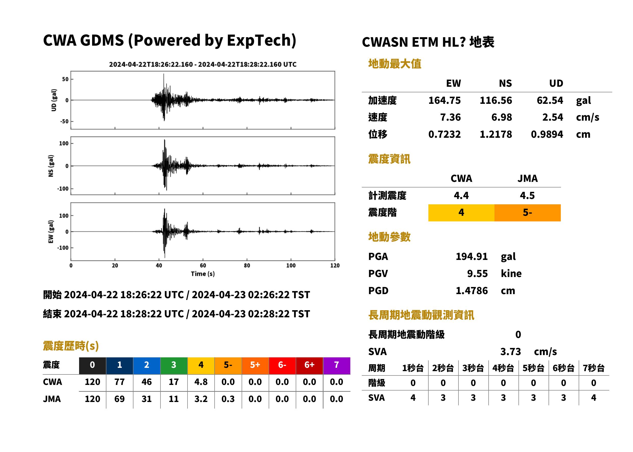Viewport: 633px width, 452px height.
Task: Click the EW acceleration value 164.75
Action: [444, 100]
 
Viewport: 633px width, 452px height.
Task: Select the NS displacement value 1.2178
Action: [495, 134]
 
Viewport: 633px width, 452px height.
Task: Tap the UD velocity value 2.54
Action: [553, 117]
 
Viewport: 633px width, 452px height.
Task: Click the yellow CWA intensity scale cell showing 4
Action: [461, 213]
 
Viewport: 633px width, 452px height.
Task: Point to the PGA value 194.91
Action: [471, 256]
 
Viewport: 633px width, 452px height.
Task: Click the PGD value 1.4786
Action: [471, 291]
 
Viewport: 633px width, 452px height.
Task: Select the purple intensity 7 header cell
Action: [337, 365]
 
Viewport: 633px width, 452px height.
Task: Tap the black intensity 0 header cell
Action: [92, 365]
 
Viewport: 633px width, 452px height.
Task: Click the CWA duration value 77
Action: [119, 382]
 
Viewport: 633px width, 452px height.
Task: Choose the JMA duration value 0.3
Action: [228, 399]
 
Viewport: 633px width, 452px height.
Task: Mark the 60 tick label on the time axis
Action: [203, 266]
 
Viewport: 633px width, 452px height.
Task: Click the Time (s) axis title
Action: [203, 274]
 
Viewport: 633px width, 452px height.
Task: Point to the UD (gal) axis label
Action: [54, 100]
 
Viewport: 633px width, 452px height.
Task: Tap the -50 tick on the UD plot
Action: [64, 121]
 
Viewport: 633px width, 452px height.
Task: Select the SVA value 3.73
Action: [511, 352]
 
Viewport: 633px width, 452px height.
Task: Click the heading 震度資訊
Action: [389, 159]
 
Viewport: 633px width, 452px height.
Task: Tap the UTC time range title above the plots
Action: [203, 64]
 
